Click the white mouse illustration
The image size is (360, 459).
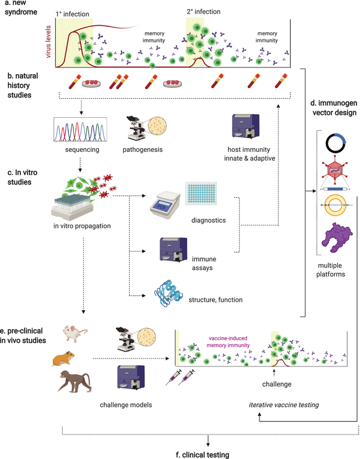pyautogui.click(x=74, y=333)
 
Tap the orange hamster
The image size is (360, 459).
pyautogui.click(x=63, y=359)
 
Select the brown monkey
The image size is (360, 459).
pyautogui.click(x=75, y=381)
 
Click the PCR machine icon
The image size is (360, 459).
pyautogui.click(x=165, y=205)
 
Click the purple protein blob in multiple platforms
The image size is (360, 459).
pyautogui.click(x=337, y=238)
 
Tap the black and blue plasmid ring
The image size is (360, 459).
pyautogui.click(x=336, y=143)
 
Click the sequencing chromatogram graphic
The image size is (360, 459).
pyautogui.click(x=80, y=129)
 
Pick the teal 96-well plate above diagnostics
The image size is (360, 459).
pyautogui.click(x=201, y=192)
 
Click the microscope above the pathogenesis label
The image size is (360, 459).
pyautogui.click(x=136, y=128)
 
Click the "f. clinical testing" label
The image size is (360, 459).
pyautogui.click(x=202, y=455)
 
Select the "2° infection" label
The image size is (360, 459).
pyautogui.click(x=203, y=12)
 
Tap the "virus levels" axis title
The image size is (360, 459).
pyautogui.click(x=48, y=42)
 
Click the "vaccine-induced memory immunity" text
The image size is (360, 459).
pyautogui.click(x=228, y=342)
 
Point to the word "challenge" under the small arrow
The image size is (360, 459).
pyautogui.click(x=277, y=384)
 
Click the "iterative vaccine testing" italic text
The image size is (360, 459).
pyautogui.click(x=284, y=405)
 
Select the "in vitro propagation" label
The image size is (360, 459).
pyautogui.click(x=82, y=226)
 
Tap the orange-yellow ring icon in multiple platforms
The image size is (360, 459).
pyautogui.click(x=335, y=205)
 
